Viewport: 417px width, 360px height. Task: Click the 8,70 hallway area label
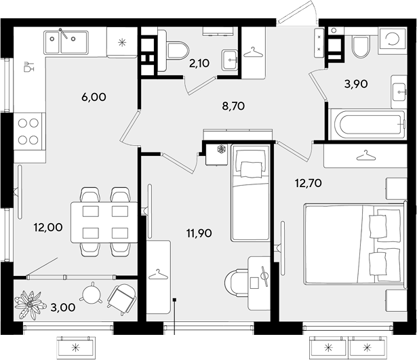tap(233, 106)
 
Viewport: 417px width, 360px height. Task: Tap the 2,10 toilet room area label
tap(199, 63)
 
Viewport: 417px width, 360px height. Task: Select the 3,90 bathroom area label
tap(356, 84)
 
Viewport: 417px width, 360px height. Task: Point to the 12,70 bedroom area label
tap(309, 183)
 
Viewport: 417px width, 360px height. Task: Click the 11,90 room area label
tap(199, 233)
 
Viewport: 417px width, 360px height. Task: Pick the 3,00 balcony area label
tap(64, 308)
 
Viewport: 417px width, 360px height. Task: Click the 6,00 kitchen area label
tap(94, 97)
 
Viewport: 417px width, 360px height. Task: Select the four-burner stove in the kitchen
tap(28, 132)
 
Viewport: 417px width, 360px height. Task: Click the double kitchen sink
tap(66, 43)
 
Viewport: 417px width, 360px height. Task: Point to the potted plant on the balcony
tap(28, 305)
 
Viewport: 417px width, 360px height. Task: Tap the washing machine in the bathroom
tap(393, 39)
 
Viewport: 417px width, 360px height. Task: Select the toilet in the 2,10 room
tap(174, 51)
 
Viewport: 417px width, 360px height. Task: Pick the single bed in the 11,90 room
tap(250, 193)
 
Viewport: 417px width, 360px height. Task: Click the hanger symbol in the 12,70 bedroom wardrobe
tap(366, 156)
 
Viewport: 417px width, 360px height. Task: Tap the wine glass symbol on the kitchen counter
tap(29, 67)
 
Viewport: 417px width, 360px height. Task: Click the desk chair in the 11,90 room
tap(237, 283)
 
